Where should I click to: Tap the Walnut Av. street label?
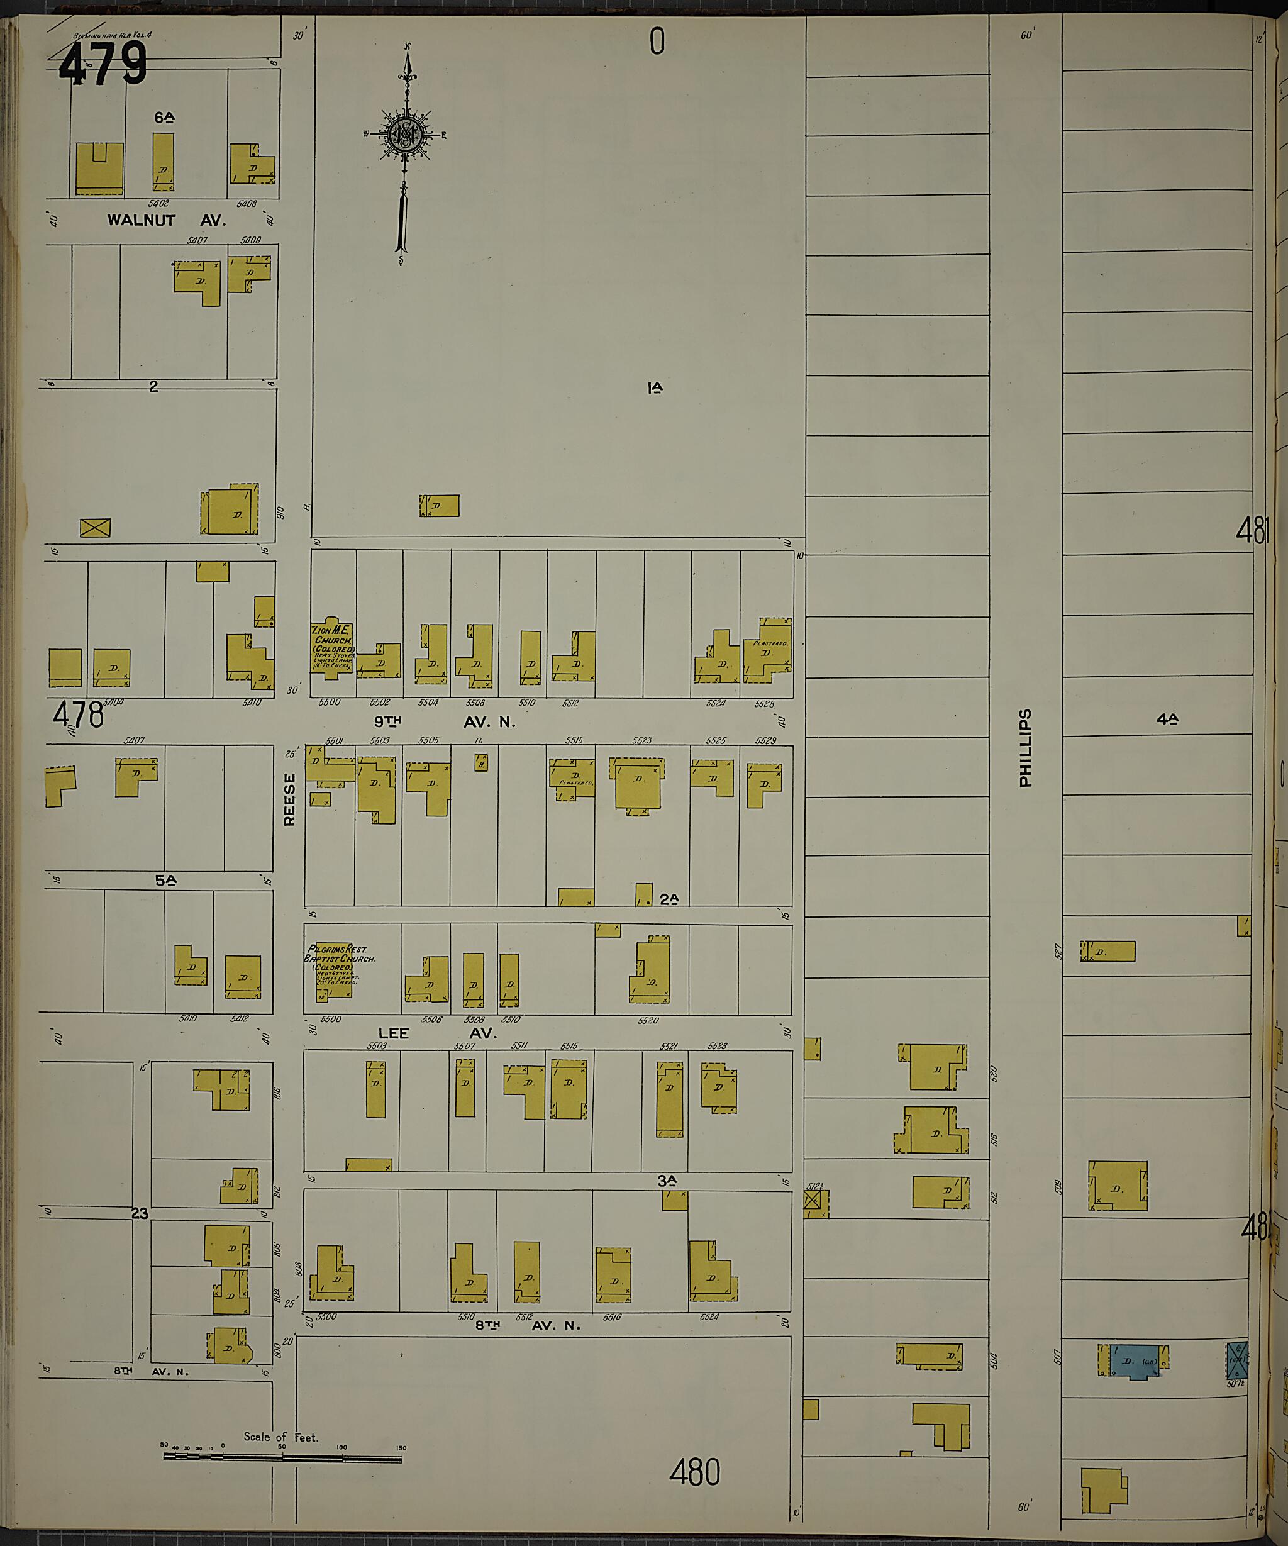coord(166,220)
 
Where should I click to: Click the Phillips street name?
coord(1025,748)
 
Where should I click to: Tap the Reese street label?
coord(289,799)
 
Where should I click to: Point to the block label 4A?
coord(1167,720)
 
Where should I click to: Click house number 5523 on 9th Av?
coord(641,740)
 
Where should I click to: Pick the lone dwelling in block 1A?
coord(440,506)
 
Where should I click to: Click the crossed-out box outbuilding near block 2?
coord(95,527)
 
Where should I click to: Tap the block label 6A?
coord(164,116)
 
